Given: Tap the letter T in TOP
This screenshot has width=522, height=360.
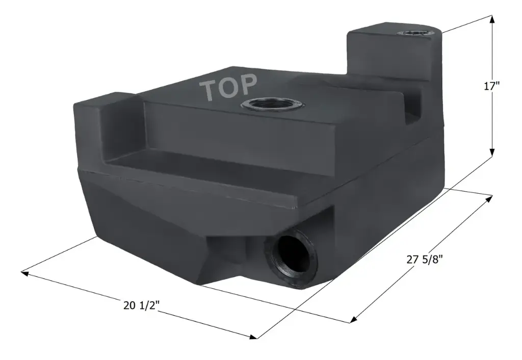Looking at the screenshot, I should (x=211, y=90).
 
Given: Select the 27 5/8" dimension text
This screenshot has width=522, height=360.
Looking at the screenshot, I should (x=424, y=259).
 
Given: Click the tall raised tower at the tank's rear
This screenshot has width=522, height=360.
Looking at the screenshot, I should (x=390, y=56).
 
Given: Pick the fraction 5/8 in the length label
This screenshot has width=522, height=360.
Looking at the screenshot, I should (x=431, y=259).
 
